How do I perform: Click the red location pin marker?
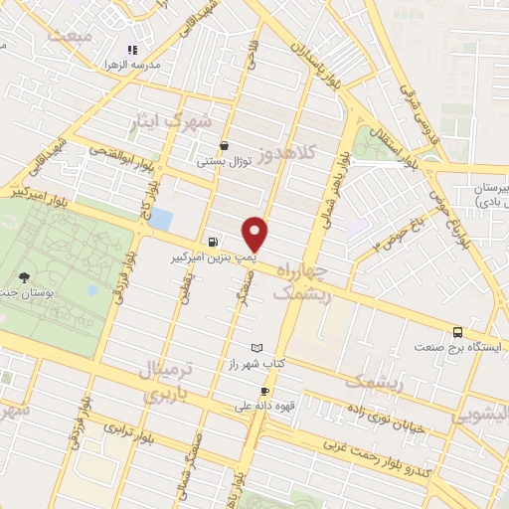click(255, 234)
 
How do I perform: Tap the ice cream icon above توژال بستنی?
click(225, 145)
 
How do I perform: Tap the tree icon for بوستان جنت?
click(24, 278)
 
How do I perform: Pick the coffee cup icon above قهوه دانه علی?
click(265, 391)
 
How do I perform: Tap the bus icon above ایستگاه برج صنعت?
click(457, 333)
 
